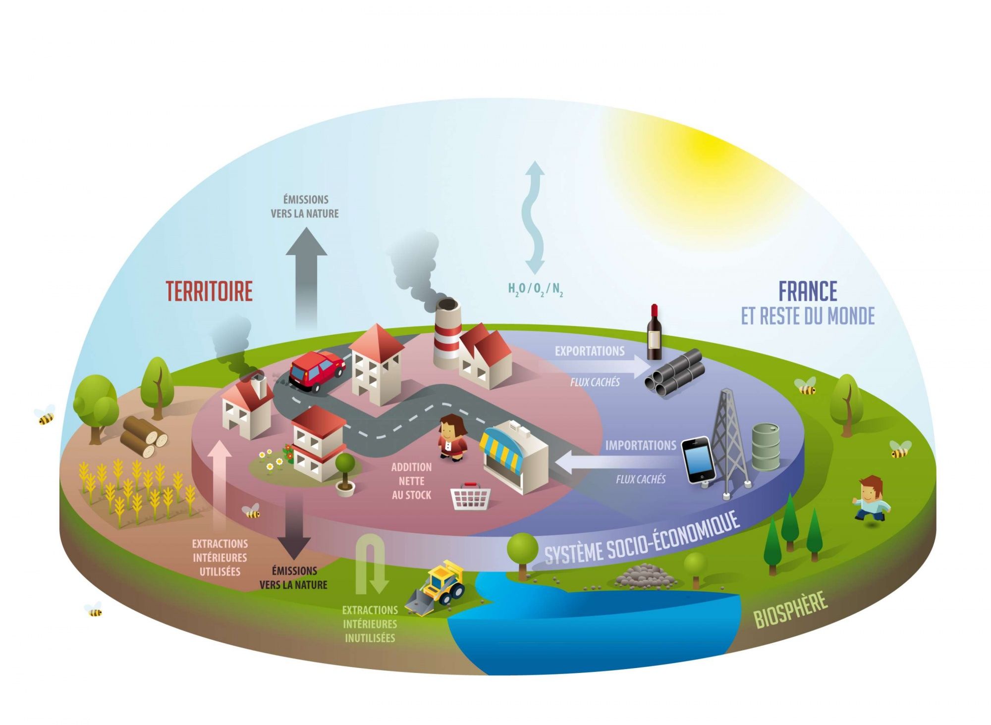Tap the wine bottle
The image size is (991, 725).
(654, 333)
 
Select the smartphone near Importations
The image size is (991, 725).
(698, 459)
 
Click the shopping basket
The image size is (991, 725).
(471, 496)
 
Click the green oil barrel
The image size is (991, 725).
(766, 446)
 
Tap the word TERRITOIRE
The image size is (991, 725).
(209, 291)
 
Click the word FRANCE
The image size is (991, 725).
(808, 291)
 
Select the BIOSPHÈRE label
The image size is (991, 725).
(790, 609)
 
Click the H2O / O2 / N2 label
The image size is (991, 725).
(535, 289)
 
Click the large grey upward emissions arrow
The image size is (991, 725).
(307, 277)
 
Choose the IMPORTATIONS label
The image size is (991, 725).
(640, 445)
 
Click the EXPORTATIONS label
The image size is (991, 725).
(590, 351)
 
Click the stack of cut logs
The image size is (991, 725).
(143, 436)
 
